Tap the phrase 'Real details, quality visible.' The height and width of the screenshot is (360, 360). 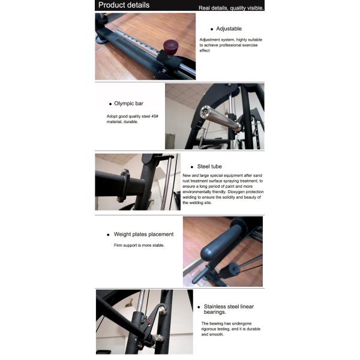click(232, 8)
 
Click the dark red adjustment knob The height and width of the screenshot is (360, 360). click(172, 46)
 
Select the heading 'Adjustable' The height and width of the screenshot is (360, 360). click(229, 28)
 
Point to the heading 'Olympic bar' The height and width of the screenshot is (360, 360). click(128, 103)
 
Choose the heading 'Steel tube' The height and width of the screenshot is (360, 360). click(211, 166)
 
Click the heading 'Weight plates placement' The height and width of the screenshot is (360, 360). click(143, 234)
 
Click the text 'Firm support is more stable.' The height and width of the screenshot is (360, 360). click(139, 245)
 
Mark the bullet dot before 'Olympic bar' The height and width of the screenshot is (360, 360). click(109, 104)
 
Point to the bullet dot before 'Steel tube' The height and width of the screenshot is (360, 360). click(192, 167)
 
